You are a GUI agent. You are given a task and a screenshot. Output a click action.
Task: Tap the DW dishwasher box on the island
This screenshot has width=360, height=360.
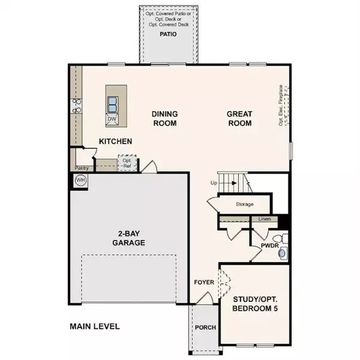(x=112, y=119)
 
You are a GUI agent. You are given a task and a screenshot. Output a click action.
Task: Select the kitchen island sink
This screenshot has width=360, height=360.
(x=112, y=104)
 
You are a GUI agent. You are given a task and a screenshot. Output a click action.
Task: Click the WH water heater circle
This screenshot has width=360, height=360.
(x=80, y=180)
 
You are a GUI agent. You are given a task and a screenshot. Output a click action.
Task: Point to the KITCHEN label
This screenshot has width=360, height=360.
(x=115, y=142)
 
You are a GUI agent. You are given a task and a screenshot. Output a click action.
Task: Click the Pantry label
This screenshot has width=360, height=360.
(x=82, y=169)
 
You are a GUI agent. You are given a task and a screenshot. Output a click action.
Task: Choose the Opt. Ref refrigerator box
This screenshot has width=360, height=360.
(x=127, y=163)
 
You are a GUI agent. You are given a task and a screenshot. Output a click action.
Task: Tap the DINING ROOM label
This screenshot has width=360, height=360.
(x=164, y=119)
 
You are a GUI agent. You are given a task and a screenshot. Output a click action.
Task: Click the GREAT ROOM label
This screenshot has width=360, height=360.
(x=239, y=119)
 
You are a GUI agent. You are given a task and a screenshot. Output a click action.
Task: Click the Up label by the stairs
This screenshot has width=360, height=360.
(x=213, y=182)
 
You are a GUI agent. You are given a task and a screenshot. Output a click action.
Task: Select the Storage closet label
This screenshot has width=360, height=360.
(x=244, y=205)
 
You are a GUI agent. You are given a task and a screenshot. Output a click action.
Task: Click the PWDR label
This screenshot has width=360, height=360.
(x=268, y=245)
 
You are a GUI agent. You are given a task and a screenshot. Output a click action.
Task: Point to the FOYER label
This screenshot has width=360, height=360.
(x=203, y=281)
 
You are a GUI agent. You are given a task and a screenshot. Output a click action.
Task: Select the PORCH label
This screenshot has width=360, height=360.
(x=205, y=328)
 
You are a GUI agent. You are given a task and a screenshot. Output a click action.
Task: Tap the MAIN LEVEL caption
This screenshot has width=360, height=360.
(x=94, y=327)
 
